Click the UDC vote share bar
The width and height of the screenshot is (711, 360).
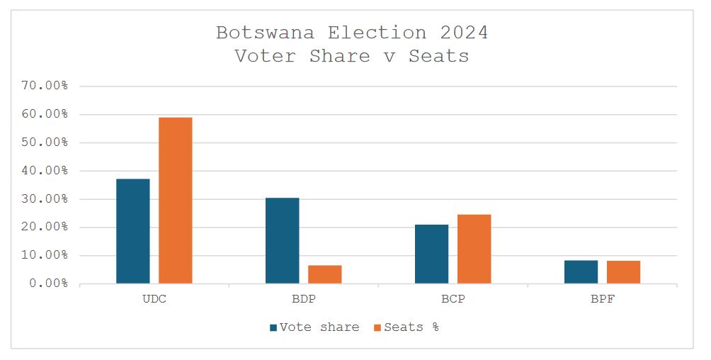133,231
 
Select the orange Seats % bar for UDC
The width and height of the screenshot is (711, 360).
176,201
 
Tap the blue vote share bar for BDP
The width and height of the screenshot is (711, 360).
283,240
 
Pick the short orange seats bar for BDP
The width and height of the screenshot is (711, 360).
325,274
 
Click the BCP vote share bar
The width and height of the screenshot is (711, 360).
432,254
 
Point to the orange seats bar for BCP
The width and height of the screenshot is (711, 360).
474,249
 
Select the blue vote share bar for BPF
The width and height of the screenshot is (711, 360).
581,272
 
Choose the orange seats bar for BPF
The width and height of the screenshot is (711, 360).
624,272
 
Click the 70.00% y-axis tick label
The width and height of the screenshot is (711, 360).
44,86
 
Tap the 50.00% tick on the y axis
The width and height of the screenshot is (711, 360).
44,142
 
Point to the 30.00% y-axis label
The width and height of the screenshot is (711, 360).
44,199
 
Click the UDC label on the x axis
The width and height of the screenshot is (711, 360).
154,299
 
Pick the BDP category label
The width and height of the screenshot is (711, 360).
304,299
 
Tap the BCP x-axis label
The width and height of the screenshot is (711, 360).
453,299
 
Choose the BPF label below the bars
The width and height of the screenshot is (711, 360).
603,299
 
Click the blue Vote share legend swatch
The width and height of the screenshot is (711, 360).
273,327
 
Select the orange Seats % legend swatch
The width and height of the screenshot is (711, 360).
377,327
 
